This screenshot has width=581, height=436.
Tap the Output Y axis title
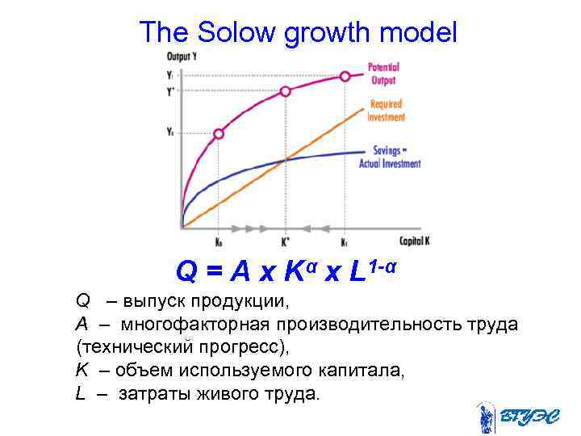pos(182,57)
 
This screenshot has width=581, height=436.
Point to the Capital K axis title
pos(415,241)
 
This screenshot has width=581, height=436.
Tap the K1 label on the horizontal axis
pos(345,241)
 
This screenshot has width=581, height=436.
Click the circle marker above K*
pos(285,93)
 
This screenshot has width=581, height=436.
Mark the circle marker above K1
pos(345,76)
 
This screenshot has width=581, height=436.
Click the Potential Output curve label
pos(383,73)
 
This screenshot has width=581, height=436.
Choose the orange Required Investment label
pos(387,111)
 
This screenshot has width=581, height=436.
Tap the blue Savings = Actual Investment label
pos(390,157)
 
